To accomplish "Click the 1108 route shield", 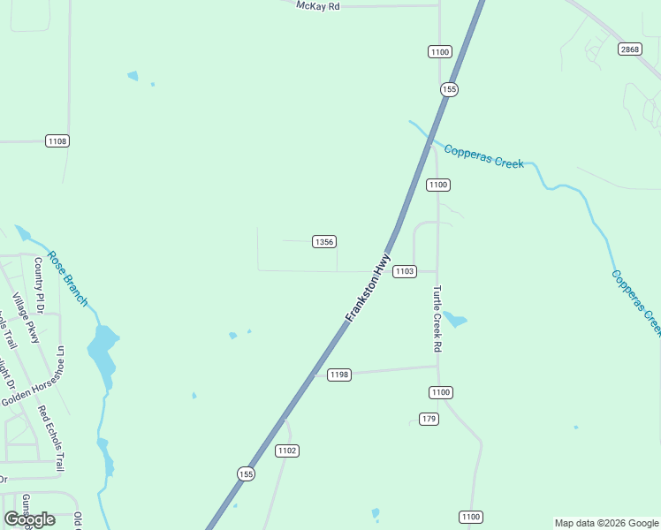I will [57, 141].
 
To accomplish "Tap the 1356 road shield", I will [324, 242].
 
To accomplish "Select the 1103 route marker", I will [404, 271].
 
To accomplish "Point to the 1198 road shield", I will [339, 375].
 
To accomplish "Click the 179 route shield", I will [429, 419].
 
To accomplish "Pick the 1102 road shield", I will [287, 450].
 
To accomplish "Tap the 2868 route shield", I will [629, 49].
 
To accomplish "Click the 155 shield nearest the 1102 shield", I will [246, 474].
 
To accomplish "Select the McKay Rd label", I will [318, 5].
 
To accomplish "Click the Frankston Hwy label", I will [368, 288].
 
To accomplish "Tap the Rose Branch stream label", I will [68, 278].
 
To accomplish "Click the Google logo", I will [29, 519].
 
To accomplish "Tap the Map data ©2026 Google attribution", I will [606, 523].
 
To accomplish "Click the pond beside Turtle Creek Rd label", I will [454, 319].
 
